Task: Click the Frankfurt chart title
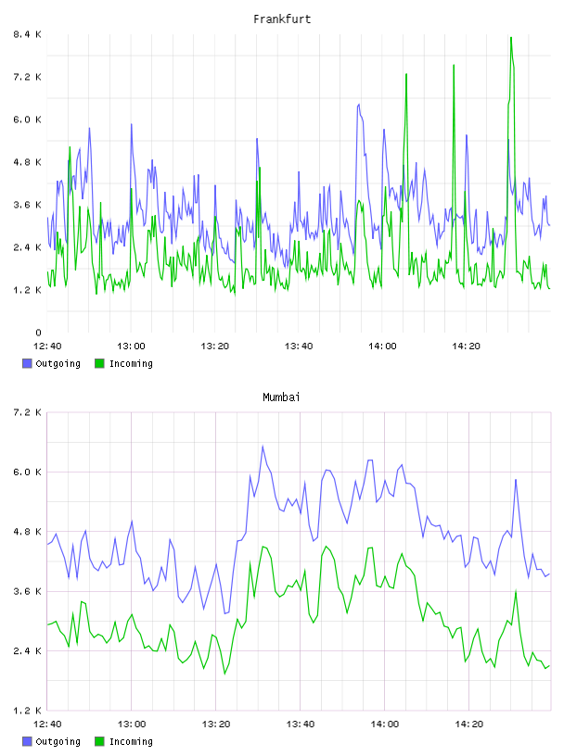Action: (282, 19)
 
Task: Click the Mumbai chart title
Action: (281, 397)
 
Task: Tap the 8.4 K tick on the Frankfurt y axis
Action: (28, 34)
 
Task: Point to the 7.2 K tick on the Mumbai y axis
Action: (28, 412)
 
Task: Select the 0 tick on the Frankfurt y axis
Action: (39, 333)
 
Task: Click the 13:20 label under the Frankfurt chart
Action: (215, 346)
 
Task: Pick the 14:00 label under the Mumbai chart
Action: (385, 724)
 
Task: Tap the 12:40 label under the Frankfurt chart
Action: (47, 346)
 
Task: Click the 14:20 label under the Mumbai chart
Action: (468, 724)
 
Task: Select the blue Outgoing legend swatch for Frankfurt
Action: (27, 363)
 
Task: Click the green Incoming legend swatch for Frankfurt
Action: (99, 363)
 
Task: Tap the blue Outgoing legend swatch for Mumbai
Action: (27, 741)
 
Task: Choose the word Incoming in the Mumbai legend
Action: (131, 741)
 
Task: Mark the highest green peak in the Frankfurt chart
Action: (511, 38)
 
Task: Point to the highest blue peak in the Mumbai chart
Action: (263, 446)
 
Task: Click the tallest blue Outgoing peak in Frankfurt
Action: (358, 104)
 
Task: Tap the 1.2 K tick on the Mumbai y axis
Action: (28, 711)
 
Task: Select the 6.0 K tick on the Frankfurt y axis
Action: (28, 120)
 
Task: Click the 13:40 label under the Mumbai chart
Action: (301, 724)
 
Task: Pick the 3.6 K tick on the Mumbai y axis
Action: (28, 591)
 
